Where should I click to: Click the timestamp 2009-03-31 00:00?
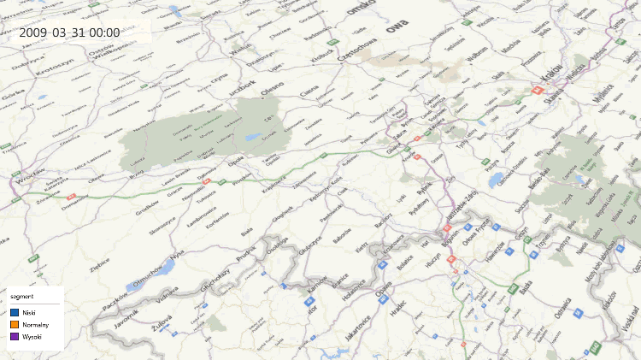pos(69,32)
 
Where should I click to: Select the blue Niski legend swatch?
pos(15,313)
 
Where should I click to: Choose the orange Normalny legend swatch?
pos(15,325)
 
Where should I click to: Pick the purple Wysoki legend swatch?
pos(15,337)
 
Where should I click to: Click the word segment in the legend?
pos(22,297)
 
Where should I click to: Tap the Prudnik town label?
pos(245,251)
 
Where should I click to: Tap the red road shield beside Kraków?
pos(538,89)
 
